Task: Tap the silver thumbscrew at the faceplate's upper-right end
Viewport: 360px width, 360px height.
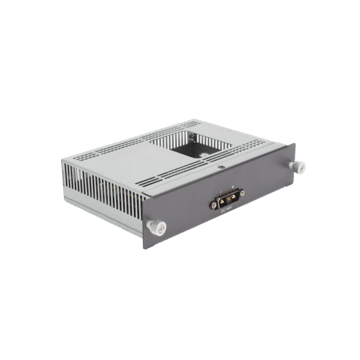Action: [x=295, y=166]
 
